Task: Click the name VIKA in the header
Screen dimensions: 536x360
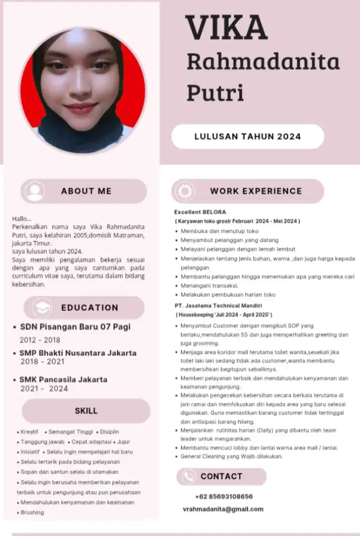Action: [x=227, y=29]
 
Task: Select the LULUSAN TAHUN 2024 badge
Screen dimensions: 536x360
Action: [x=247, y=136]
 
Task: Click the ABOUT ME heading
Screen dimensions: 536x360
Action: [x=86, y=191]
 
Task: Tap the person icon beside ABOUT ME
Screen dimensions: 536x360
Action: [x=35, y=191]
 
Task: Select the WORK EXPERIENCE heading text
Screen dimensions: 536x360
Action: [x=256, y=191]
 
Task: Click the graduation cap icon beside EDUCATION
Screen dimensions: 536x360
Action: [x=42, y=308]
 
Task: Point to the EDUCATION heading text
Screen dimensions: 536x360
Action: [x=89, y=308]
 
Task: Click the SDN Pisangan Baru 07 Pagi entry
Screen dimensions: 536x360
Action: [x=75, y=326]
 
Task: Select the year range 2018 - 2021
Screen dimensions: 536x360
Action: [x=41, y=362]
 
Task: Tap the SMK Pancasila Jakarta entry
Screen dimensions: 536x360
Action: [x=63, y=379]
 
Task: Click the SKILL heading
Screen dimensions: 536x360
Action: [x=86, y=411]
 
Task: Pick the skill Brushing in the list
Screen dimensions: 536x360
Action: [x=32, y=512]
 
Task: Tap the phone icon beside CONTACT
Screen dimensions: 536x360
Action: [x=188, y=477]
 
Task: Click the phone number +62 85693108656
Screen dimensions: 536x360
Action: [x=224, y=496]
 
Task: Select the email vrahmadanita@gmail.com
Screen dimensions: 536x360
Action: [x=223, y=509]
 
